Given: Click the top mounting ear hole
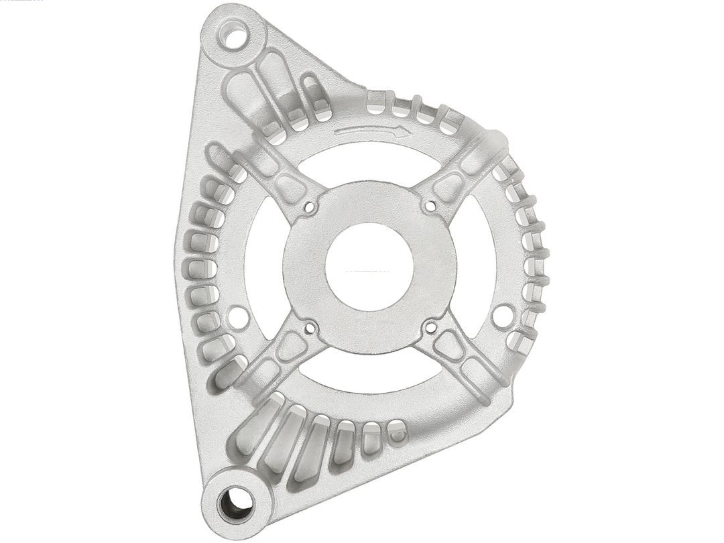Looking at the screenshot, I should coord(233,36).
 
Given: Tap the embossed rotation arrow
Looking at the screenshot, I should coord(373,131).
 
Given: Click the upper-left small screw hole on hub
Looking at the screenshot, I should coord(309,207).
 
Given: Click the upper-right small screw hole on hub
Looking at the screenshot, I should coord(430,206).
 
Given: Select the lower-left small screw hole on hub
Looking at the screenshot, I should coord(310,328).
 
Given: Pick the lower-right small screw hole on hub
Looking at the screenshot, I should coord(430,326).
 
